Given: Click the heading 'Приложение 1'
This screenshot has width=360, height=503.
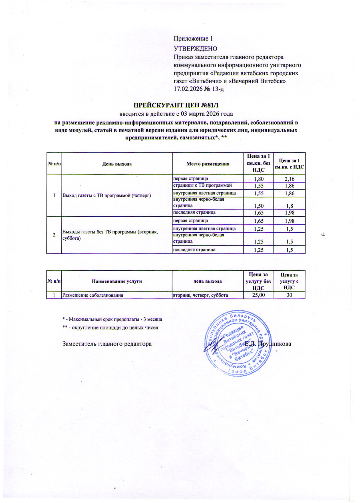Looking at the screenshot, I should [193, 39].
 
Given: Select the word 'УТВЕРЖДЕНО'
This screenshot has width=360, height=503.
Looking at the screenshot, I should [196, 49].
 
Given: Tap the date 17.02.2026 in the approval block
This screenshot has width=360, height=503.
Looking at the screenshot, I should [188, 89].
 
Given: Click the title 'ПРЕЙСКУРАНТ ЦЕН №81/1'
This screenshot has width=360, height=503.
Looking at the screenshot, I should [176, 105].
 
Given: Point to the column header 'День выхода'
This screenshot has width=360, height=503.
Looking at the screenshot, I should [117, 164].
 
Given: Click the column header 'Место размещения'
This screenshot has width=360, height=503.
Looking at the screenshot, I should [208, 164].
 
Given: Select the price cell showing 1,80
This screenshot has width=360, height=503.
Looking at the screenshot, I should [259, 179].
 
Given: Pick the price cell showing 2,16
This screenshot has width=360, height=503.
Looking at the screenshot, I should [289, 179].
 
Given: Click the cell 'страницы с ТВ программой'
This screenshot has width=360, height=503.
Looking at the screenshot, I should [203, 186].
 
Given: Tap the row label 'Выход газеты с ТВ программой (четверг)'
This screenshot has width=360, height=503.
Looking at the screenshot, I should [107, 196].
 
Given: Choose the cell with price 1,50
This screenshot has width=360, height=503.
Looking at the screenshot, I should [259, 206].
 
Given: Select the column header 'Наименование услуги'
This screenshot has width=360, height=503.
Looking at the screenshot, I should [117, 281].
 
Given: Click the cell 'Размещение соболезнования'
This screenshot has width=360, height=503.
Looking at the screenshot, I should [93, 295].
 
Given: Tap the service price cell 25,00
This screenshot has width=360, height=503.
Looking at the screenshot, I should [258, 295].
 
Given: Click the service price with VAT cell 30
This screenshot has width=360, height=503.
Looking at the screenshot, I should [289, 295].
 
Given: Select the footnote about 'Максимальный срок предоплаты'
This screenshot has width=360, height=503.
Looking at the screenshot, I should [112, 319].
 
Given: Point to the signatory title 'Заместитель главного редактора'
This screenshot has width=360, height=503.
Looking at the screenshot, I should [107, 344].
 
